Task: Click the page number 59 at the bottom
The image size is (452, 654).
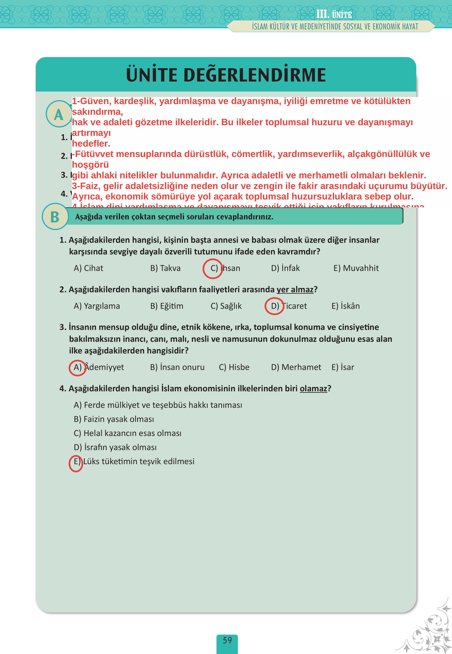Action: (x=227, y=640)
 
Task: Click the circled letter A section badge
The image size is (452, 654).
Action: (x=59, y=114)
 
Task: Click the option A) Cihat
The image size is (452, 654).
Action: (x=88, y=268)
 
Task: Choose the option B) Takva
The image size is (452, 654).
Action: (x=165, y=268)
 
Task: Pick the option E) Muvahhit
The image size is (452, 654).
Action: (x=356, y=268)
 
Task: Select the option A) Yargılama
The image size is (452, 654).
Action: (x=97, y=306)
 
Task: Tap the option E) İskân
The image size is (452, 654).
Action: (x=345, y=306)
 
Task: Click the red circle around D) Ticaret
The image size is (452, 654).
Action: (x=274, y=306)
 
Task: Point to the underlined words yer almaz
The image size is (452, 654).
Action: (x=295, y=290)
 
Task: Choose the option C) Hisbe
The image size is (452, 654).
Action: (x=234, y=367)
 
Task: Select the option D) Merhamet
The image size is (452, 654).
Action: (x=296, y=367)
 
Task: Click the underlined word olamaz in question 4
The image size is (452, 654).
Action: (x=313, y=388)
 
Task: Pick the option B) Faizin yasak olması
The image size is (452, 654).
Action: (x=114, y=419)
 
